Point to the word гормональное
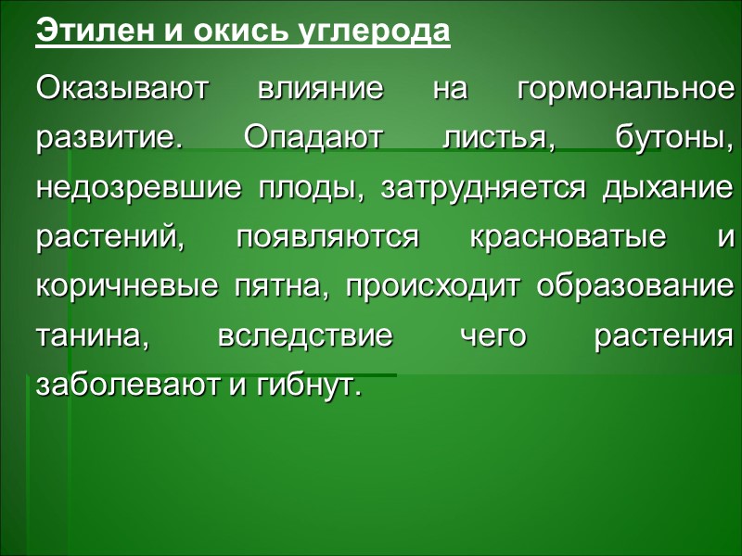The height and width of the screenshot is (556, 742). tap(626, 90)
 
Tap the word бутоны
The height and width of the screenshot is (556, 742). tap(674, 139)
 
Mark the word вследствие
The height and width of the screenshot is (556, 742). tap(304, 335)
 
